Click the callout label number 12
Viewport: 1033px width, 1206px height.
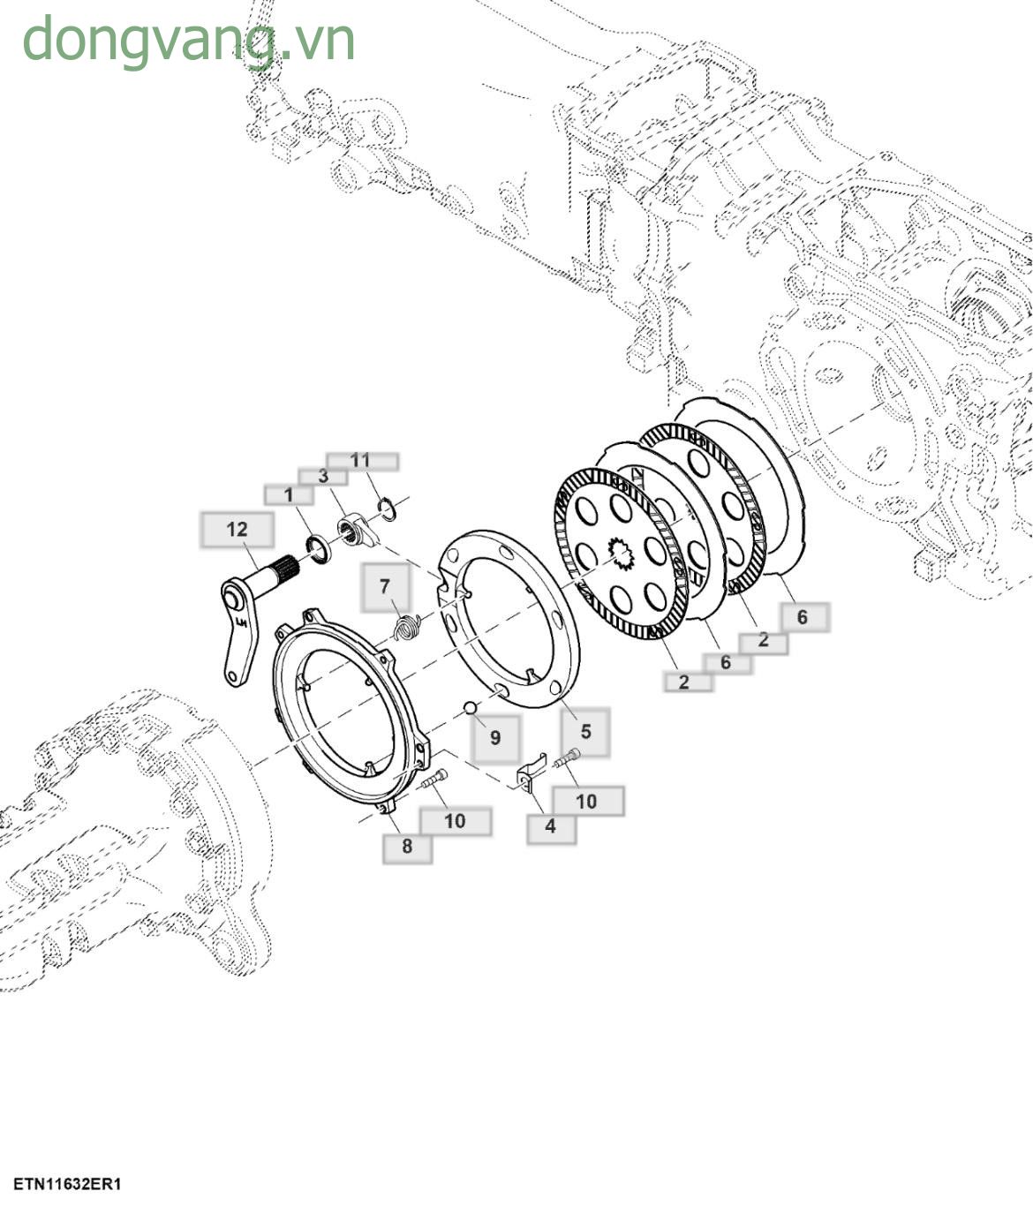[237, 530]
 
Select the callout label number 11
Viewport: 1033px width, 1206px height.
[361, 461]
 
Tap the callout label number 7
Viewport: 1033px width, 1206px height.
[385, 587]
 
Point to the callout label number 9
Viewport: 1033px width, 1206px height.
[495, 738]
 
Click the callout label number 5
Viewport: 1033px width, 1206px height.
[585, 732]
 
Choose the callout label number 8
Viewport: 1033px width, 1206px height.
[407, 847]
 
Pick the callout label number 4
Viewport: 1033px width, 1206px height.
[551, 827]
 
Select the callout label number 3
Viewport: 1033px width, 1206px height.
[322, 477]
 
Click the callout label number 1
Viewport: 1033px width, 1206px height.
[288, 495]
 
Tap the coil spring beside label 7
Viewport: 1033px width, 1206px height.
[406, 628]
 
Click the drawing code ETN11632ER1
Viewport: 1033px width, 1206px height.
[67, 1184]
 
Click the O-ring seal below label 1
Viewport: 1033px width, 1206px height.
[319, 547]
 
